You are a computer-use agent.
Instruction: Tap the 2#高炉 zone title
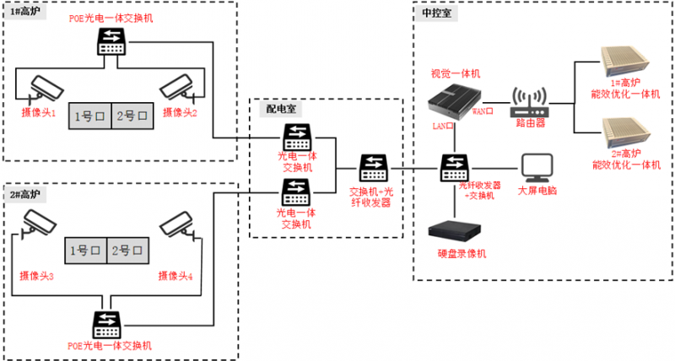point(26,193)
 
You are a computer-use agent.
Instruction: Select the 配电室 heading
point(282,109)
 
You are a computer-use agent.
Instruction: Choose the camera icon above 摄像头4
point(178,224)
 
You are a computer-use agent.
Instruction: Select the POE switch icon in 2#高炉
point(108,326)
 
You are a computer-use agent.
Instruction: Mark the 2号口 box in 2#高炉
point(129,251)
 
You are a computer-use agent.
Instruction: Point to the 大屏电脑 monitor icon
point(537,168)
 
